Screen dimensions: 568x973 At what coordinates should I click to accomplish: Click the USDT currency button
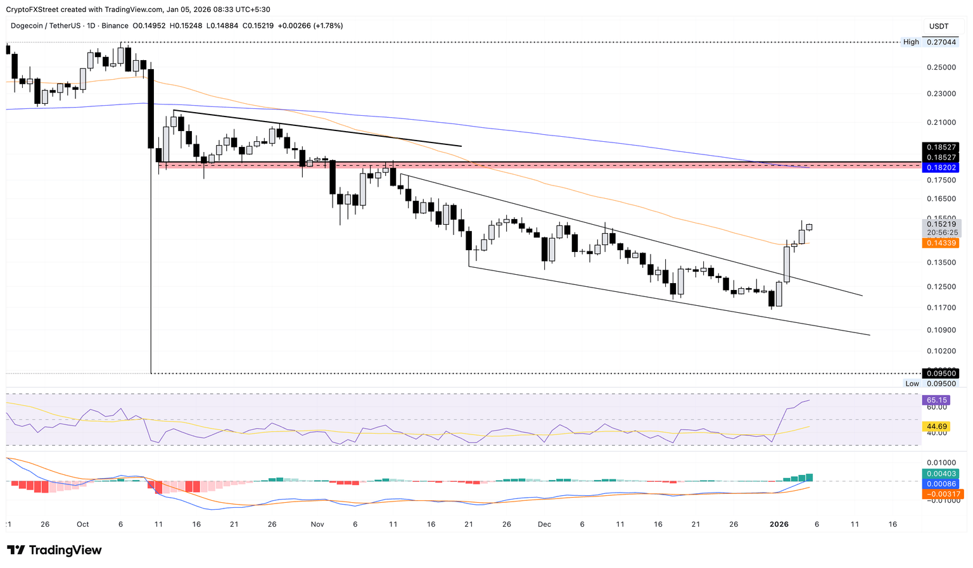point(939,26)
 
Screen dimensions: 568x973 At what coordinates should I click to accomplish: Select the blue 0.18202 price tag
point(942,168)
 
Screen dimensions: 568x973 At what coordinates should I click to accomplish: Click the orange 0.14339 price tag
point(942,243)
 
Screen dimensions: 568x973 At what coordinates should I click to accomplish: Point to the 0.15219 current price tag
point(942,224)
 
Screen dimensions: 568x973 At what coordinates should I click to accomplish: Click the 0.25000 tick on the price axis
point(941,67)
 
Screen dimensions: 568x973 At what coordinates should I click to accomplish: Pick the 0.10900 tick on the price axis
point(941,330)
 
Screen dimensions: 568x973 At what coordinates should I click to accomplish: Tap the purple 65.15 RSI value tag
point(937,400)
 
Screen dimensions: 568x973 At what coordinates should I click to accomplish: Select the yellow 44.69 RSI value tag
point(937,427)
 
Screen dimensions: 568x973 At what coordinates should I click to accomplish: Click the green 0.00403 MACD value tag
point(942,474)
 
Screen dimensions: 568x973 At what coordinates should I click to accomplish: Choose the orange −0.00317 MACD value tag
point(942,494)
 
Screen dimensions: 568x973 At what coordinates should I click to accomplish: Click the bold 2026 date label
point(779,524)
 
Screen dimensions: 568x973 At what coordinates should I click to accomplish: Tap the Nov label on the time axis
point(317,524)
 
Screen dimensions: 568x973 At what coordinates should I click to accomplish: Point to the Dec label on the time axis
point(544,524)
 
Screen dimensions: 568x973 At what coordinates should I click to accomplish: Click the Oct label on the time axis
point(83,524)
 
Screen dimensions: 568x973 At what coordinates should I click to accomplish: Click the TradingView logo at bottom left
point(54,550)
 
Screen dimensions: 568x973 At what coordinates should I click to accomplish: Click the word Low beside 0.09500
point(912,384)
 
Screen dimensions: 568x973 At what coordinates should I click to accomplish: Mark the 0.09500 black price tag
point(942,374)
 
